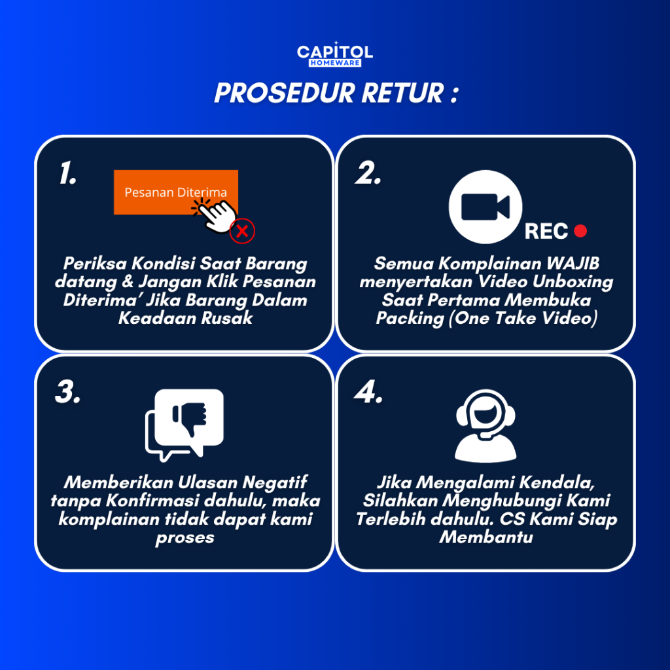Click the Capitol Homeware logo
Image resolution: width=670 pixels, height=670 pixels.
tap(335, 55)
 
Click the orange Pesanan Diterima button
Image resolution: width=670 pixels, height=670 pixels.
tap(175, 192)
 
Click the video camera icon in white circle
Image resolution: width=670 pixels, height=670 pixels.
tap(485, 207)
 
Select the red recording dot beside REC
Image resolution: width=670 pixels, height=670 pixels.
tap(580, 230)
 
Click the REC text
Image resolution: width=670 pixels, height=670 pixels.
tap(546, 232)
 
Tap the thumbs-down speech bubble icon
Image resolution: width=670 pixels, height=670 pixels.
tap(185, 424)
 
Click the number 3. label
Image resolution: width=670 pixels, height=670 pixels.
tap(67, 392)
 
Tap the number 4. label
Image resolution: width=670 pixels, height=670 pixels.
tap(368, 392)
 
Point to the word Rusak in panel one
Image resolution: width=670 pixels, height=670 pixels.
tap(228, 319)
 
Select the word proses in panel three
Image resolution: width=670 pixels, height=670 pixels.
tap(185, 538)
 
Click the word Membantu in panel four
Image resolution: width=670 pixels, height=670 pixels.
tap(485, 538)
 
